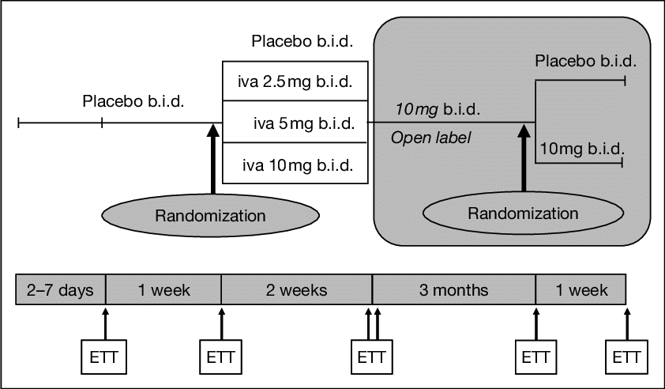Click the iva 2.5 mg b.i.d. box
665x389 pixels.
click(295, 81)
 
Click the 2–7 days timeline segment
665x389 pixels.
click(60, 290)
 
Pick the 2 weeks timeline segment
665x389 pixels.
click(296, 290)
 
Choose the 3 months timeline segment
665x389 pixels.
click(453, 290)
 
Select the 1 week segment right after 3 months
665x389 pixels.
click(580, 290)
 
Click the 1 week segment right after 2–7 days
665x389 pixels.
click(163, 290)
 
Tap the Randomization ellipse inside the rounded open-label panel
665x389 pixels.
click(523, 213)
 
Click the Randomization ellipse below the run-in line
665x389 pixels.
click(210, 215)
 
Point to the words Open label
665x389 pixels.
click(430, 138)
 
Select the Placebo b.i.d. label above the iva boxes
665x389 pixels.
click(302, 41)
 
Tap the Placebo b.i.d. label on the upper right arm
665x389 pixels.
click(585, 61)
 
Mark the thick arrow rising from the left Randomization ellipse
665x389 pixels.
click(213, 158)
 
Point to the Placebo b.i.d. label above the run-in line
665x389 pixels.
click(133, 102)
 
